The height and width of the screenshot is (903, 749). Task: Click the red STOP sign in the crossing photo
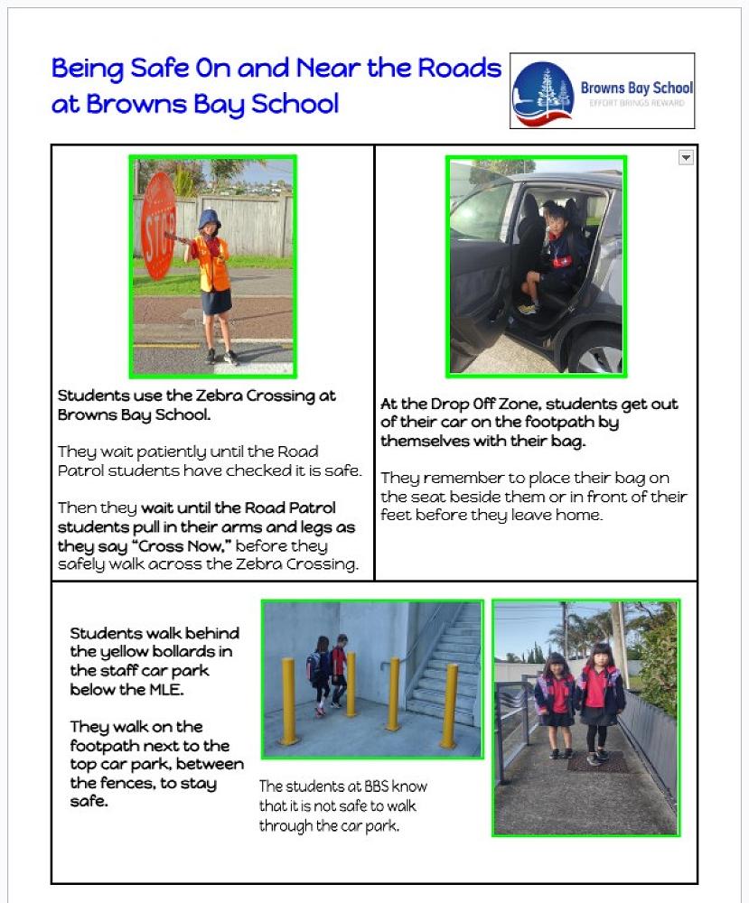(159, 225)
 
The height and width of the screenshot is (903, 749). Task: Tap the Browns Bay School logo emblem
(543, 91)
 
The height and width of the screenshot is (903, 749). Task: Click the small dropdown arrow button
(686, 157)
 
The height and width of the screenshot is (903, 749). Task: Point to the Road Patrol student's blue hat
(210, 219)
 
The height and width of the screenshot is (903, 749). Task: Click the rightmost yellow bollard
(449, 704)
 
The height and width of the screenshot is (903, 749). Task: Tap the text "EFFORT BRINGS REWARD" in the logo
(636, 103)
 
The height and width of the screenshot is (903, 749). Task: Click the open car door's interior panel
(477, 271)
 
